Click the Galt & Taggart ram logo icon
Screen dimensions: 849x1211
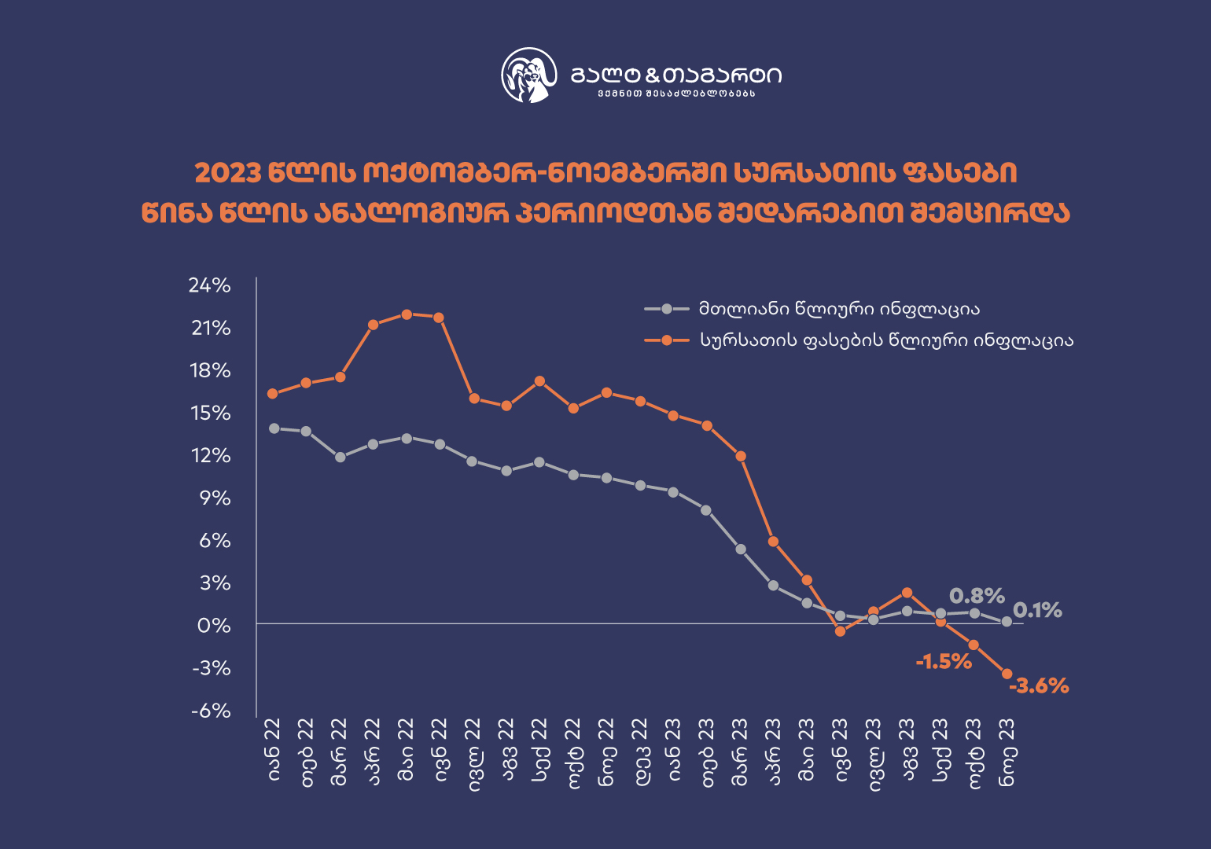coord(529,75)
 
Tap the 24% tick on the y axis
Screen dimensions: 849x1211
coord(209,285)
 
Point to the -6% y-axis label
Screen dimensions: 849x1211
coord(211,711)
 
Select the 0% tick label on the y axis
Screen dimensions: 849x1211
coord(215,626)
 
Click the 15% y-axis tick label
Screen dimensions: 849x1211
coord(211,413)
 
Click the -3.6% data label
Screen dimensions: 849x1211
coord(1039,685)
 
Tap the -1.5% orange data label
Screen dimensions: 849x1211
coord(944,662)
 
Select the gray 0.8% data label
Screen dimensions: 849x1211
coord(977,596)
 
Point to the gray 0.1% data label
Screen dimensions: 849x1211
coord(1037,610)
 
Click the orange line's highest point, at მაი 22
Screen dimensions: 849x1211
coord(407,314)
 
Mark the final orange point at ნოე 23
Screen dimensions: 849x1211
coord(1007,674)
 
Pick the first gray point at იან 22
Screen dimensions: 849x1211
coord(274,428)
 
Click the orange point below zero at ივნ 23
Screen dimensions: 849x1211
coord(840,631)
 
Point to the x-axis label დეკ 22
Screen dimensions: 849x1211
coord(641,751)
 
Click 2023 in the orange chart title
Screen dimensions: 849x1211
coord(227,173)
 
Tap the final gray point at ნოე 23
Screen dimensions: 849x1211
coord(1007,622)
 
